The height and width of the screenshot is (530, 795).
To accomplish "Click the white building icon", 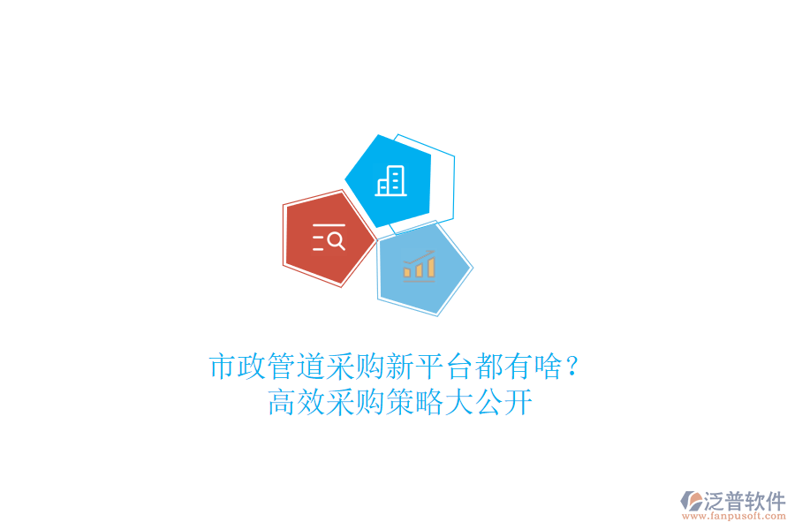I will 391,181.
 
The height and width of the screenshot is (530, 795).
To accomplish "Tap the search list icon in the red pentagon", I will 329,238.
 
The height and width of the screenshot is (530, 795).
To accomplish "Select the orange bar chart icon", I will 419,264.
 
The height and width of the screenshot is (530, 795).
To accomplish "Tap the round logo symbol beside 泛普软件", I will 691,502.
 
